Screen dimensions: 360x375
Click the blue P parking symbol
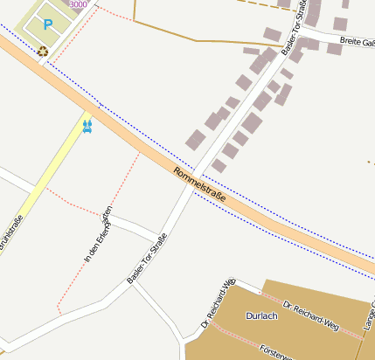point(48,25)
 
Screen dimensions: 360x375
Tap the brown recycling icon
point(43,51)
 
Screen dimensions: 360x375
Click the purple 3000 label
point(78,4)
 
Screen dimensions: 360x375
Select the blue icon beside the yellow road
point(87,126)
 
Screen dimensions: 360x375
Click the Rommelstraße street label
point(199,185)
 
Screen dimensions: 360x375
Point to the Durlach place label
point(262,315)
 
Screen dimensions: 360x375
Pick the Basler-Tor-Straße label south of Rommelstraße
point(146,257)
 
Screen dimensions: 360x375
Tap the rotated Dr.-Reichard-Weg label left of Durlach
point(219,302)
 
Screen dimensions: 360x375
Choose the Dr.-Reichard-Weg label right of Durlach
point(310,316)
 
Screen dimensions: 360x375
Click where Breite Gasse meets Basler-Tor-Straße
point(306,31)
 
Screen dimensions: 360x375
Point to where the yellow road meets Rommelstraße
point(94,107)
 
